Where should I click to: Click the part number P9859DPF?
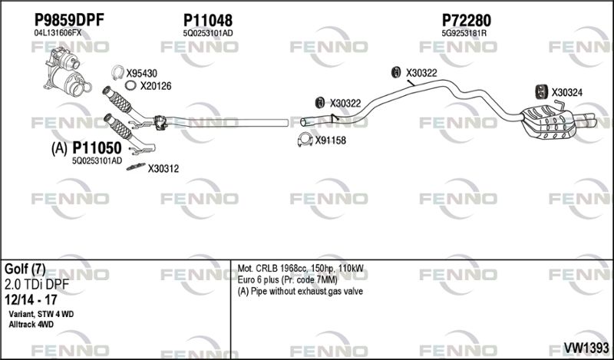pos(69,20)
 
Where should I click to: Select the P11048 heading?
pos(208,20)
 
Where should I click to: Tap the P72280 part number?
pos(467,20)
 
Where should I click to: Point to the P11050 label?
pos(97,148)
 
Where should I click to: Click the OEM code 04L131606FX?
pos(58,33)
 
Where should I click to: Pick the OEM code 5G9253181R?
pos(464,34)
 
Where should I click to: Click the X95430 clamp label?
pos(141,73)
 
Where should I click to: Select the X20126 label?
pos(156,86)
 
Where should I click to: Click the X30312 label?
pos(163,169)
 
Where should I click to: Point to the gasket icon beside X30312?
pos(136,167)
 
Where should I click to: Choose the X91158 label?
pos(331,140)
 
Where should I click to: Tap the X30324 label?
pos(566,93)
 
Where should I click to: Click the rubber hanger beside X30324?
pos(542,91)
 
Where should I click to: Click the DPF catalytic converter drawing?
pos(67,71)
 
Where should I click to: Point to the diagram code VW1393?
pos(586,348)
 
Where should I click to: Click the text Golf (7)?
pos(25,269)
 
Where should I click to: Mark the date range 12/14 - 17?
pos(31,300)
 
